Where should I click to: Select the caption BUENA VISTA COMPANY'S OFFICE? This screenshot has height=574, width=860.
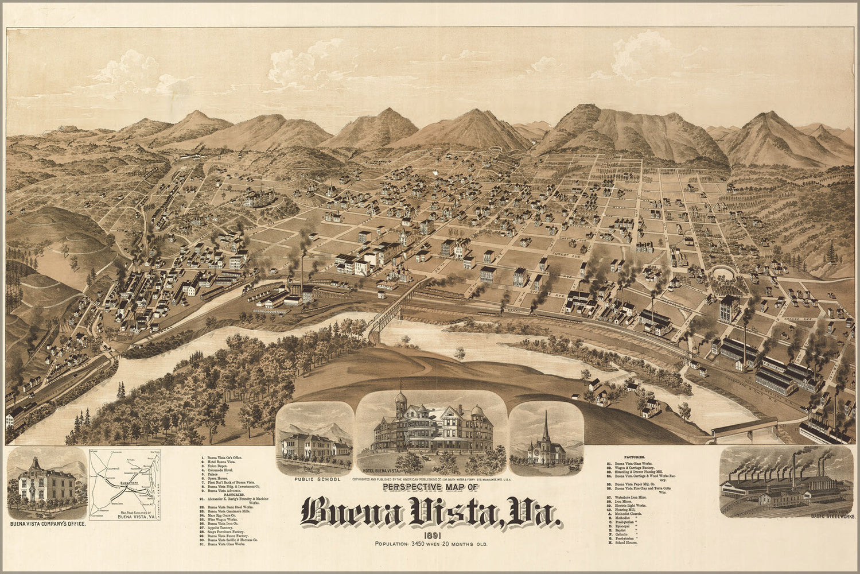point(48,524)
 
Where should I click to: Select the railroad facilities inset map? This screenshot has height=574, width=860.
point(125,484)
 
